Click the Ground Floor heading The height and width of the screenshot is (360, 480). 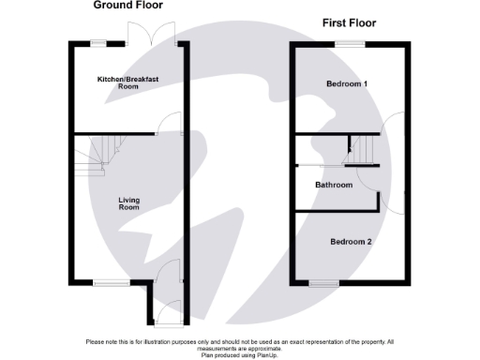125,6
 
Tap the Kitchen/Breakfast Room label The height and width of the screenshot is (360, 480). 127,82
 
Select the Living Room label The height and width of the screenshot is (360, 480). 128,202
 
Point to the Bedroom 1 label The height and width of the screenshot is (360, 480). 347,84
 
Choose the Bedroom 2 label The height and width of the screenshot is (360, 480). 352,242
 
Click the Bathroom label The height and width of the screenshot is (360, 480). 334,186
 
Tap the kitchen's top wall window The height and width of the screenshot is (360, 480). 98,43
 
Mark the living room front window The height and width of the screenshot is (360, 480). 105,282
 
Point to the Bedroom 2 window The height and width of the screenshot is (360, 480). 323,282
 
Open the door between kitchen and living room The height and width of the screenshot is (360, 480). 172,123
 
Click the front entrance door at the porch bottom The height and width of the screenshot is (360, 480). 163,314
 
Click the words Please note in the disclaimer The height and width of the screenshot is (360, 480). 99,341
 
